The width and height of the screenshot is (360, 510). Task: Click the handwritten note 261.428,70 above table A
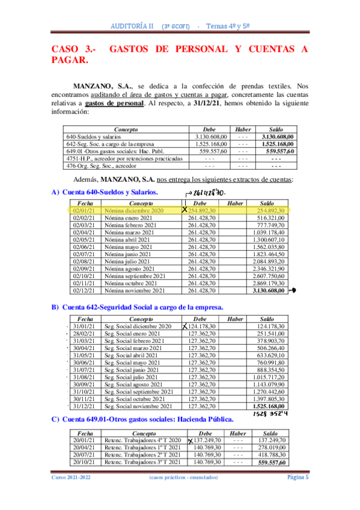pyautogui.click(x=209, y=192)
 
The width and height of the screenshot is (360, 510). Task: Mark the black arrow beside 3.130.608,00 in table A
pyautogui.click(x=293, y=290)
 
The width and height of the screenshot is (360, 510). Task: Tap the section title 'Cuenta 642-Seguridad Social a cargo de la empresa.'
pyautogui.click(x=142, y=307)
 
